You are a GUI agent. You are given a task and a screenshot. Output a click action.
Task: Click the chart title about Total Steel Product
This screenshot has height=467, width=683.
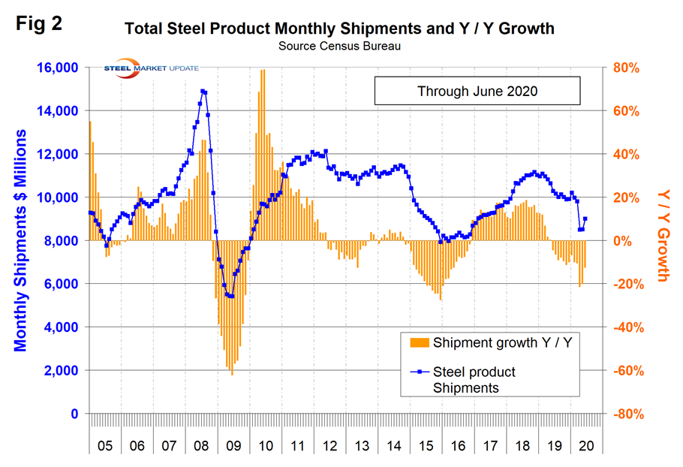click(339, 29)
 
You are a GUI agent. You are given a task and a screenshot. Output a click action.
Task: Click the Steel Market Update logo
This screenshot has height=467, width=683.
click(150, 69)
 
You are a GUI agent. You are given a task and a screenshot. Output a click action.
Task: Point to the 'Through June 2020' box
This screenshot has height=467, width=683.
click(477, 92)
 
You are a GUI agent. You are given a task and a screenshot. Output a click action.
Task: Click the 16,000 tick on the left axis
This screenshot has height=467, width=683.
click(57, 68)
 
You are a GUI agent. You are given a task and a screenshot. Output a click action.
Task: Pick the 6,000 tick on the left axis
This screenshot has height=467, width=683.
click(61, 284)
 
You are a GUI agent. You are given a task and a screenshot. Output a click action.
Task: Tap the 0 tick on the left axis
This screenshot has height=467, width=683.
click(74, 414)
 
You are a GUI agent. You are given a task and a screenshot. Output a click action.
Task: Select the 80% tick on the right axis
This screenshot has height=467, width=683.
click(628, 68)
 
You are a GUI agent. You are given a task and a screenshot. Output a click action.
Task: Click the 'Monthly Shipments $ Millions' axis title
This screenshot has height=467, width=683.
click(21, 240)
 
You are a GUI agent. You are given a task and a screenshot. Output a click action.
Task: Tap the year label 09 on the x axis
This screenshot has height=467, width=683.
click(233, 445)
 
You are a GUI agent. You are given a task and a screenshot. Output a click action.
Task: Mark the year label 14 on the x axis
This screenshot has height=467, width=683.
click(394, 445)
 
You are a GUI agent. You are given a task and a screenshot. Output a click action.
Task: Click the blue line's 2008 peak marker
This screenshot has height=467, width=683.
click(203, 92)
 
